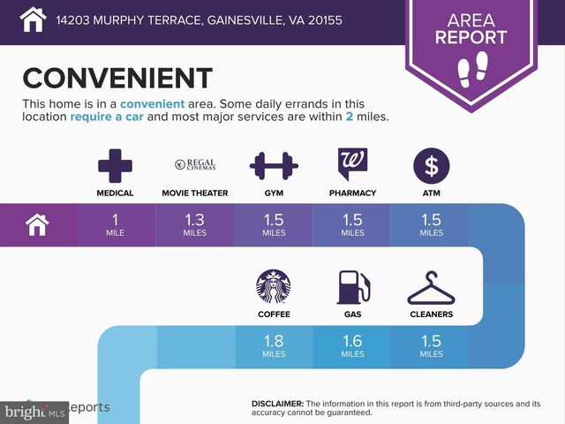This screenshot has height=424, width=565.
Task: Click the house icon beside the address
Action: (x=33, y=19)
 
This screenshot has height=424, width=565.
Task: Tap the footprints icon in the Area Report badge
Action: (x=472, y=69)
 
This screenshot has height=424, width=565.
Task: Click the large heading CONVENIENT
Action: (x=117, y=78)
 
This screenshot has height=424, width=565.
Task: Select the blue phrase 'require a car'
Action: (x=107, y=117)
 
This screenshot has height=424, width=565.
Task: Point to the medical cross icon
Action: (x=115, y=166)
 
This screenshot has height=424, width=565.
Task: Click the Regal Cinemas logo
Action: (x=195, y=164)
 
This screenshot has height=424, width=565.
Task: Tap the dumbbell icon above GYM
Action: (x=274, y=166)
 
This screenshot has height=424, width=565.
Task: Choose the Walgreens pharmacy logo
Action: (x=352, y=163)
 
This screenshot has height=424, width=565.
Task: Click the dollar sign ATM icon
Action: (x=432, y=166)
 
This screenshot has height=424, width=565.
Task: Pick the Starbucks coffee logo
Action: (x=274, y=286)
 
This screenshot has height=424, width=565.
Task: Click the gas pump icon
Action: (x=353, y=287)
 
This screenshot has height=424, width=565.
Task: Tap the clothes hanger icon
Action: (x=432, y=288)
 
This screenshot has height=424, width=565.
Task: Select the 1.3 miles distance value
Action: (x=194, y=224)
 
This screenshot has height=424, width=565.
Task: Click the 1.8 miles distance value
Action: (x=274, y=345)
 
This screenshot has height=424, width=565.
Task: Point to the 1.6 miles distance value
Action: (x=352, y=345)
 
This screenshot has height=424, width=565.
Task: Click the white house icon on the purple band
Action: (x=37, y=224)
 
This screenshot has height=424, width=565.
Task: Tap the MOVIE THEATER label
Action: (x=195, y=193)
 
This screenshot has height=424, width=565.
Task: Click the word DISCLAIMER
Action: (x=277, y=404)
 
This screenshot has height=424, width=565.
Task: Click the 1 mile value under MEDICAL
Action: (x=115, y=224)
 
